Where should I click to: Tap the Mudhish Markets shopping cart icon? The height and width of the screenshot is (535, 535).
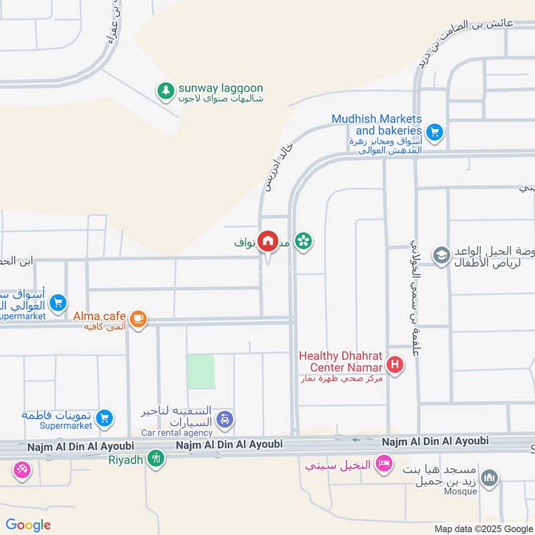435,132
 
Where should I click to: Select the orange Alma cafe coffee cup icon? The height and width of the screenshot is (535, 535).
138,318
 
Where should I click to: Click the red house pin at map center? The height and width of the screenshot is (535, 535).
268,241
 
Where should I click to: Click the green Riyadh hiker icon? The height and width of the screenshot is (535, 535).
156,458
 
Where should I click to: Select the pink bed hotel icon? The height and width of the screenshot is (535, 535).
383,463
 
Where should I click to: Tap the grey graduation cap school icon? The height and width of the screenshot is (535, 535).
441,255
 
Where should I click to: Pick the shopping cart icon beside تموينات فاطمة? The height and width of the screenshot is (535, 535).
104,419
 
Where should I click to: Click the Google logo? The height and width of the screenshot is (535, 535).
28,524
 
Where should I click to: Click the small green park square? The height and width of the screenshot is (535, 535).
201,371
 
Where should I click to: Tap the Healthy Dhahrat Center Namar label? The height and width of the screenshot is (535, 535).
341,362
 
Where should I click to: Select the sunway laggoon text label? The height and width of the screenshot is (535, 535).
221,88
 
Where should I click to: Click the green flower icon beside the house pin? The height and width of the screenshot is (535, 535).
304,241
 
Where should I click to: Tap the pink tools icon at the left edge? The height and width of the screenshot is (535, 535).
21,470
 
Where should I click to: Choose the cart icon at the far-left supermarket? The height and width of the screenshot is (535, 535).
58,303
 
